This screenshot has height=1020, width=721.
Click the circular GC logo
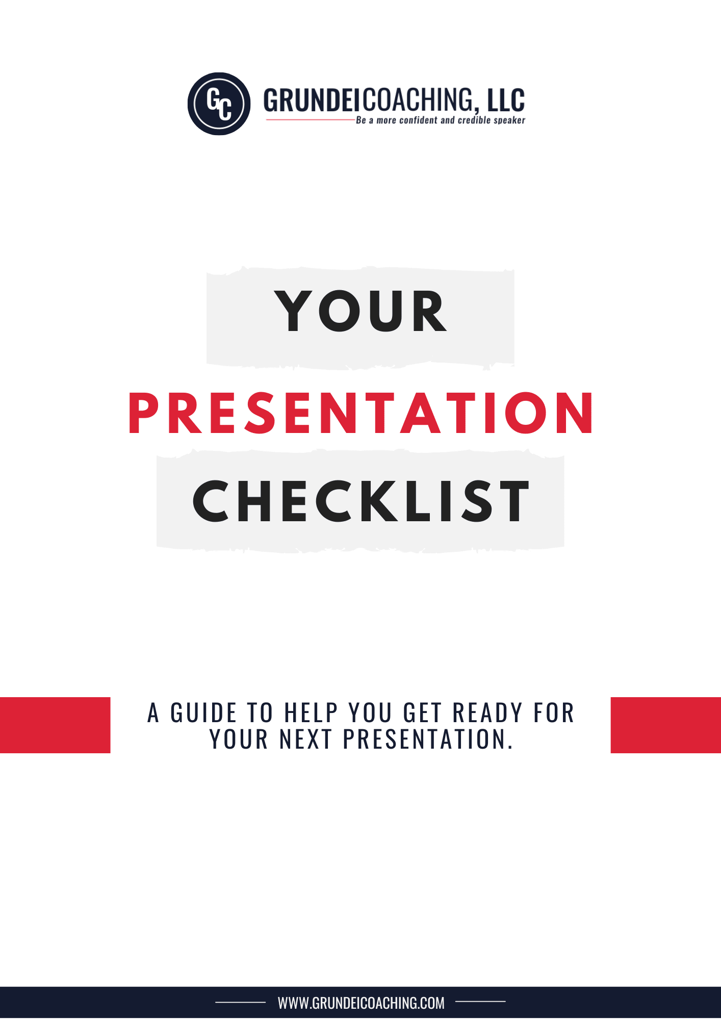point(219,104)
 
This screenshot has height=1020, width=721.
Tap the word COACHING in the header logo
point(418,100)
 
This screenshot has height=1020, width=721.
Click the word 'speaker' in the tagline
point(509,121)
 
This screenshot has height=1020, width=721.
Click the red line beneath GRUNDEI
point(311,120)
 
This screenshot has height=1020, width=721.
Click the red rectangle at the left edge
point(55,725)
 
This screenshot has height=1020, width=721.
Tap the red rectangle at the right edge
point(666,725)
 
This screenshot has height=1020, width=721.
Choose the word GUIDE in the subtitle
point(203,713)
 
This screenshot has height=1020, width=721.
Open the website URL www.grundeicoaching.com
point(361,1003)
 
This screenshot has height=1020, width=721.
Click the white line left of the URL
point(241,1003)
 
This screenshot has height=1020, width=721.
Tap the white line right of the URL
point(480,1002)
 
